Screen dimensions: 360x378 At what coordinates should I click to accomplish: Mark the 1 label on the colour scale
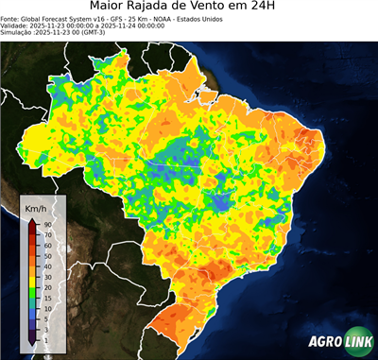(44, 339)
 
